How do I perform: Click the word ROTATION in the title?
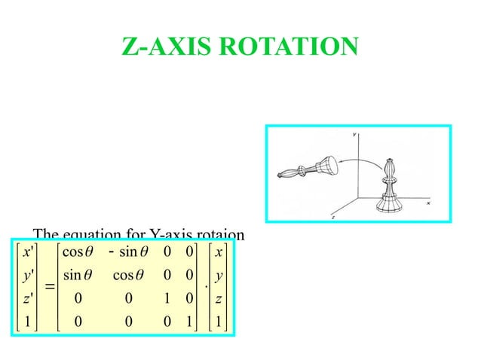pos(294,47)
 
